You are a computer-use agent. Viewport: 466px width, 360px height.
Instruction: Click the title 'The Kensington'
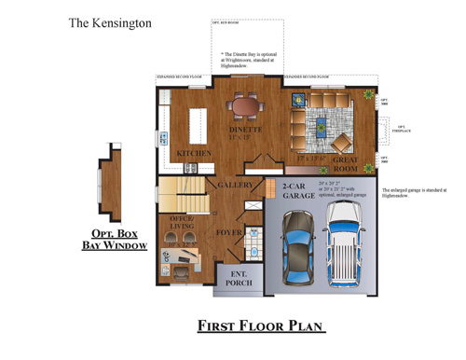(111, 21)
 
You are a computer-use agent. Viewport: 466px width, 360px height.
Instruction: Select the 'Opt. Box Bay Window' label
(114, 239)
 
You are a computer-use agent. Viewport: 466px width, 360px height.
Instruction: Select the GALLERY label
(237, 185)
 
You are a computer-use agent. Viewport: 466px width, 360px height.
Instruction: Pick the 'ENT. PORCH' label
(239, 277)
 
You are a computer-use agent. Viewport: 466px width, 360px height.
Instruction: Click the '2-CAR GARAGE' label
(298, 192)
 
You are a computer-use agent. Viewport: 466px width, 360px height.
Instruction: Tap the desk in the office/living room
(183, 256)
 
